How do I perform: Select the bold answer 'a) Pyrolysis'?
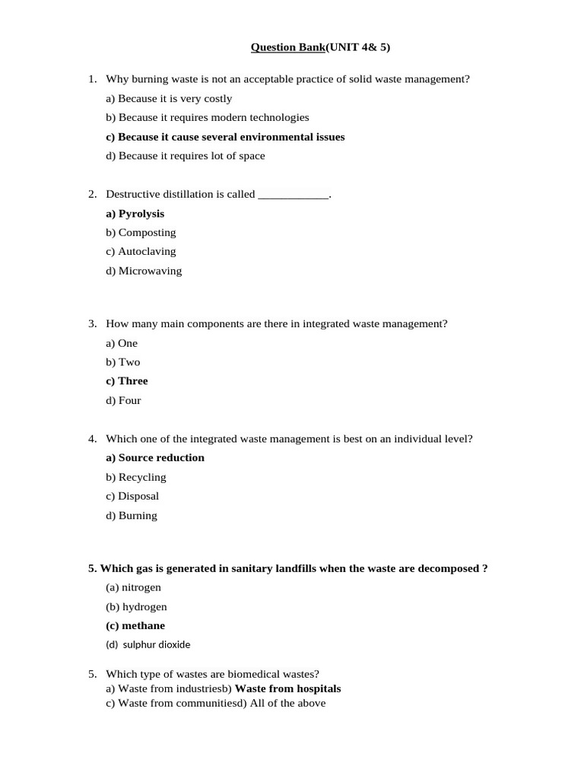[x=135, y=214]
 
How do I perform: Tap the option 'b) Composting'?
[x=141, y=233]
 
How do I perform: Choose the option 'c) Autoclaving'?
[x=141, y=251]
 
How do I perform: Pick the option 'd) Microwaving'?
[x=144, y=271]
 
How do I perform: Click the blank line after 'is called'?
[x=294, y=195]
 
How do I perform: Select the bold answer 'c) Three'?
[x=126, y=381]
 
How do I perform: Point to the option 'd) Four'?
[x=123, y=401]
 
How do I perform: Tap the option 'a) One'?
[x=122, y=343]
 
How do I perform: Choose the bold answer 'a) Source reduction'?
[x=155, y=458]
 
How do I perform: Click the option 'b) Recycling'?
[x=136, y=478]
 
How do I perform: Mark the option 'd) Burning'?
[x=132, y=516]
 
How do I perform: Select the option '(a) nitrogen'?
[x=133, y=587]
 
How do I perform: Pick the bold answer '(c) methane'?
[x=135, y=626]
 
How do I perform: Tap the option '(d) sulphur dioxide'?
[x=148, y=644]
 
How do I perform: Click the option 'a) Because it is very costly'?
[x=169, y=99]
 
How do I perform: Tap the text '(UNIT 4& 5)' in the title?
[x=357, y=48]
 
